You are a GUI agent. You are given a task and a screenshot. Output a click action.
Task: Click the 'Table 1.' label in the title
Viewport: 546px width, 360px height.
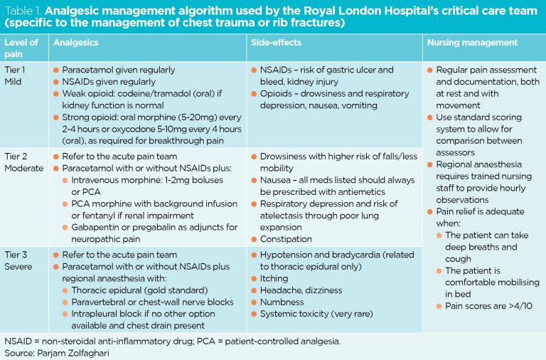pyautogui.click(x=23, y=11)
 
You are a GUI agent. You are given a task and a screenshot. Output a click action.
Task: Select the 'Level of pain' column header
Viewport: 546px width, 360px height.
pyautogui.click(x=21, y=48)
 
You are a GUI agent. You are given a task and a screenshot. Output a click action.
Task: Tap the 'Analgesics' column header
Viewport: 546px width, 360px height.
pyautogui.click(x=75, y=43)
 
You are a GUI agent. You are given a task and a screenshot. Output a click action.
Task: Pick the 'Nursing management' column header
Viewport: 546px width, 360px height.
pyautogui.click(x=472, y=43)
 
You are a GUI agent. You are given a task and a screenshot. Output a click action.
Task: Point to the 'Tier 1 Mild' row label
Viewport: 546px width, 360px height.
pyautogui.click(x=17, y=75)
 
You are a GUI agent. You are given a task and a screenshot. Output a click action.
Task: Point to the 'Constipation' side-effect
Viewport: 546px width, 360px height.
pyautogui.click(x=286, y=239)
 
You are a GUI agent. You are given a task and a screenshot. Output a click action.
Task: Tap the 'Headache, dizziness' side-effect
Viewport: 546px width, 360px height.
pyautogui.click(x=301, y=290)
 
